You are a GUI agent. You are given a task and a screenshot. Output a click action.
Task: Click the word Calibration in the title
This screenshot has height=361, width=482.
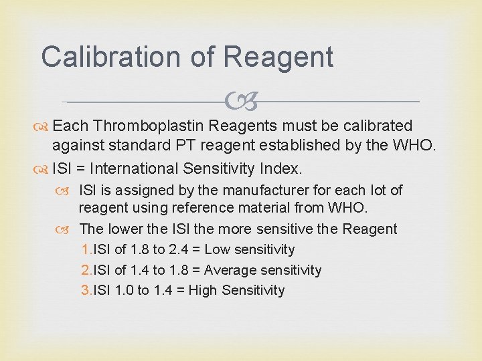[110, 57]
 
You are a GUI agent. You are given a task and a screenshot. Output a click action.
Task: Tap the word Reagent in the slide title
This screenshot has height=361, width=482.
[278, 57]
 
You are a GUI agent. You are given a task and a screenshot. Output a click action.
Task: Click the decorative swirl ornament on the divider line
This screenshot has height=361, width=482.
[242, 102]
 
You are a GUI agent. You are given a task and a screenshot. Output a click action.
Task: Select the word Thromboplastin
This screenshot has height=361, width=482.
[149, 126]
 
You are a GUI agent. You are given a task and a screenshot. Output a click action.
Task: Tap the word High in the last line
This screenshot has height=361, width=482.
[205, 291]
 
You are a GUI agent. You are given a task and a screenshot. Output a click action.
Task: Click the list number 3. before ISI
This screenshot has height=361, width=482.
[86, 291]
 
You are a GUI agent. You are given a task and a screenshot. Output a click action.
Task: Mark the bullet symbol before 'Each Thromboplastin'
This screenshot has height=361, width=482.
[45, 126]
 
